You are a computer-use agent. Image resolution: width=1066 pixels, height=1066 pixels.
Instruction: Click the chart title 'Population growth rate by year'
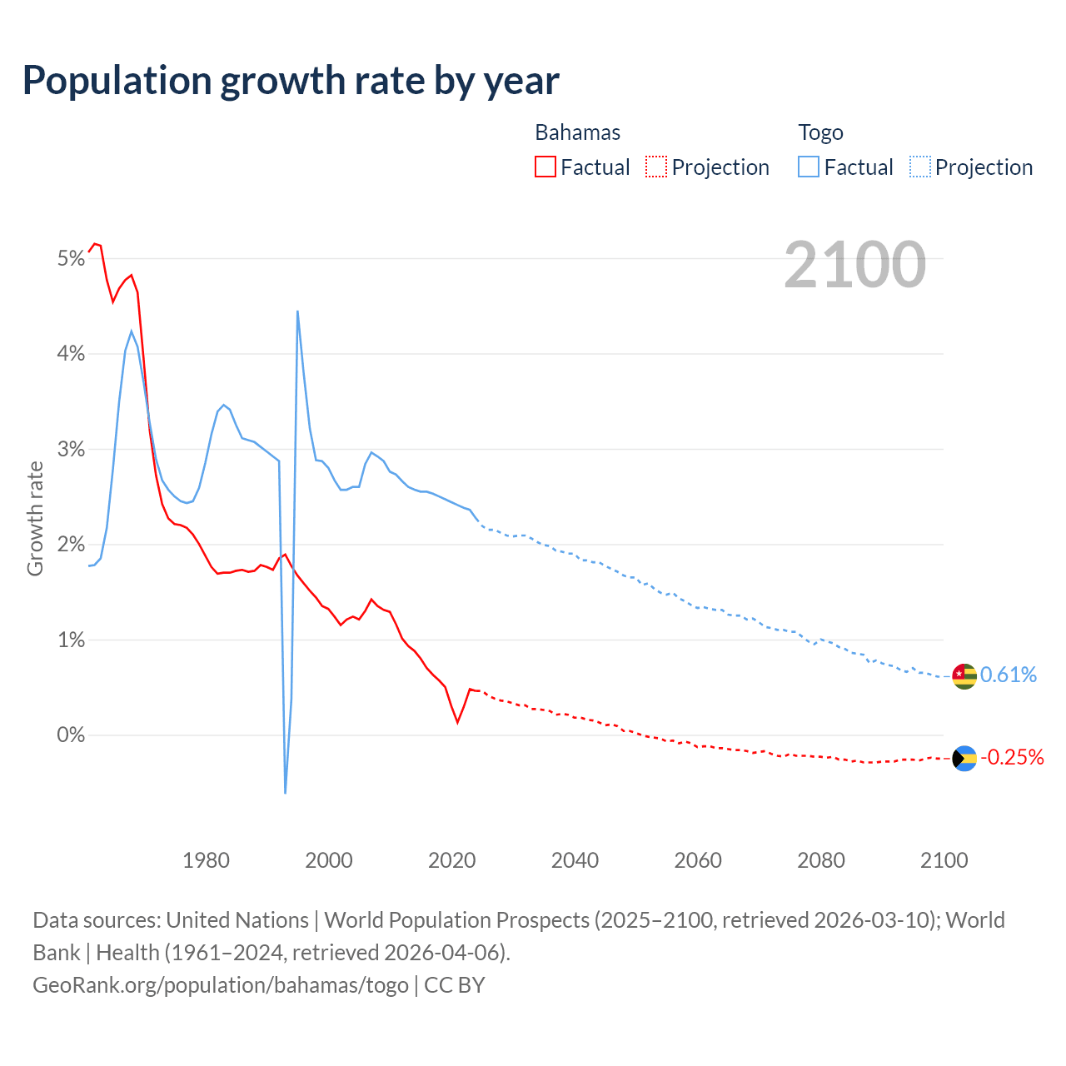click(291, 81)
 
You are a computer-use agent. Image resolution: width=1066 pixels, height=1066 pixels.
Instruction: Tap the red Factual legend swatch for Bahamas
click(545, 167)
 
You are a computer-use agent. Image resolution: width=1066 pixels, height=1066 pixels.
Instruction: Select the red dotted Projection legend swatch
click(656, 167)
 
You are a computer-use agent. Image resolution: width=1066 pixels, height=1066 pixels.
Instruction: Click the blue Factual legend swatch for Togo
click(808, 167)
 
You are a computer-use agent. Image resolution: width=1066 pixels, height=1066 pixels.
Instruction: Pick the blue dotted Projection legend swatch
click(919, 167)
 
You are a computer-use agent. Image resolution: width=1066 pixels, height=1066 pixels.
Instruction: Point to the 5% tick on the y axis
click(71, 259)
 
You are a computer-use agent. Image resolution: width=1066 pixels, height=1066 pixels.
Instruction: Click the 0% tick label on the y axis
click(71, 735)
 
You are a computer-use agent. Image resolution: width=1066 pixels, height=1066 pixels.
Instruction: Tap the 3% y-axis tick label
click(71, 450)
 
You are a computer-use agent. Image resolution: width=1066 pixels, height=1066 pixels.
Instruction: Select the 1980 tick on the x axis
click(206, 860)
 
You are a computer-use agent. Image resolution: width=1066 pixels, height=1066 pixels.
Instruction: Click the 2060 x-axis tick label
click(698, 860)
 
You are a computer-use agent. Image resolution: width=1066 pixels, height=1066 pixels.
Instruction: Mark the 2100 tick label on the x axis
click(944, 860)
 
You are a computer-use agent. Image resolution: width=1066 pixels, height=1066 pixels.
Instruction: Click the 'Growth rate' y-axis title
click(35, 518)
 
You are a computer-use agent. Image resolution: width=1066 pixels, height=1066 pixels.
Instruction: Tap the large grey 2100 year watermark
click(854, 265)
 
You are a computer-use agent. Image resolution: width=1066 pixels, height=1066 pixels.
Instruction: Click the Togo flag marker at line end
click(964, 675)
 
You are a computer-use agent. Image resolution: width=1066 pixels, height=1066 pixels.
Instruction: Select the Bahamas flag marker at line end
click(964, 758)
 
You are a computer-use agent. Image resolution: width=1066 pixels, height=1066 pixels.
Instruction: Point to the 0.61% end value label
click(1009, 675)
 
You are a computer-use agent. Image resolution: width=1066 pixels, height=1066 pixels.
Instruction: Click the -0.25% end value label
click(1012, 757)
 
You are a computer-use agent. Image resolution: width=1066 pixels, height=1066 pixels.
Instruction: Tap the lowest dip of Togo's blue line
click(285, 792)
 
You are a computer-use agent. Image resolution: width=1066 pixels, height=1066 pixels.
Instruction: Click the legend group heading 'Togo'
click(820, 132)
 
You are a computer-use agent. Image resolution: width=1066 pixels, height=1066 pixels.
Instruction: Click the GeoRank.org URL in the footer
click(221, 985)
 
